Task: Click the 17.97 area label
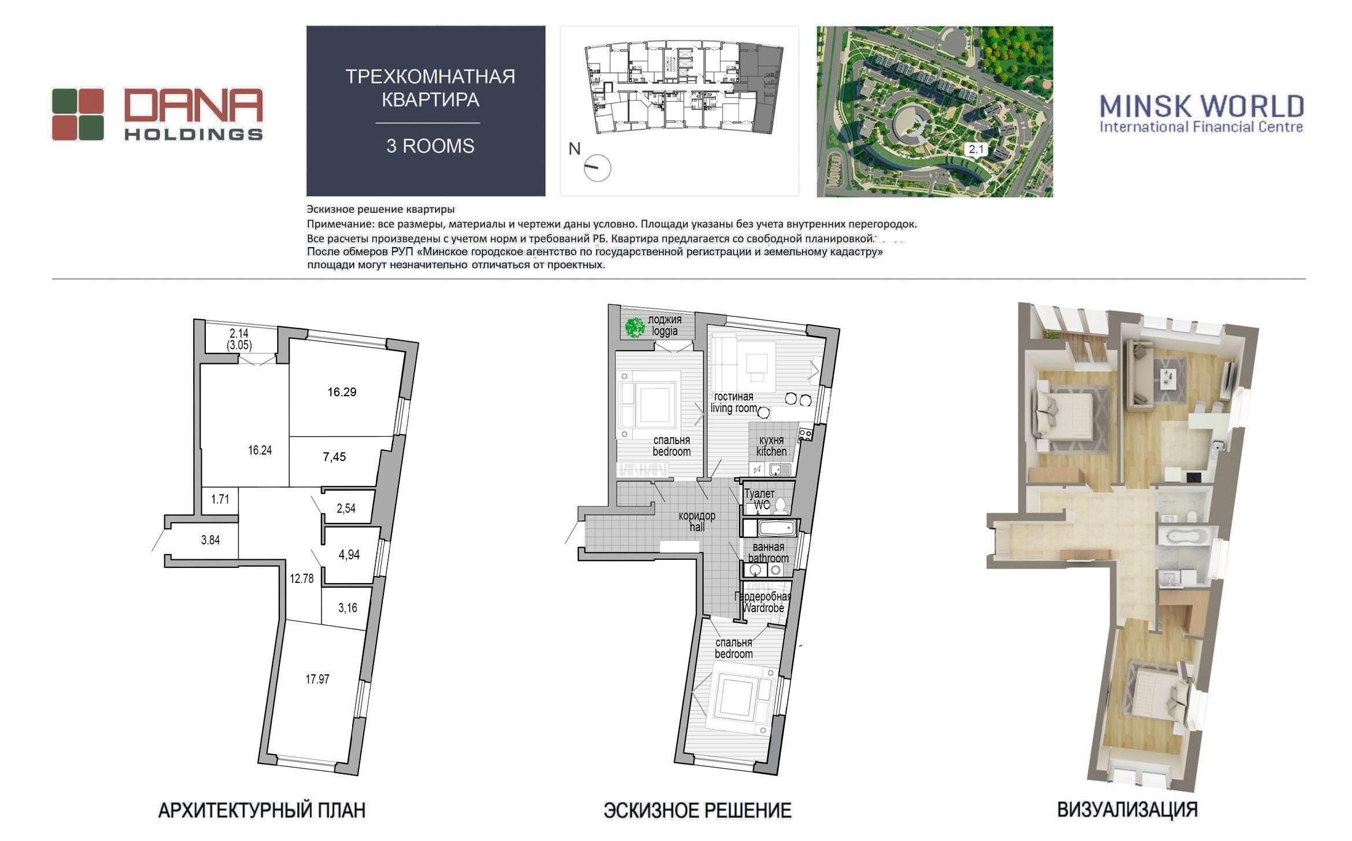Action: pos(317,679)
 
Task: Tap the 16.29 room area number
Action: pos(342,392)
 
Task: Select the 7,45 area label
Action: pos(334,457)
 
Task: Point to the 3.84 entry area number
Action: pos(210,540)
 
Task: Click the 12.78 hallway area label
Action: pos(302,578)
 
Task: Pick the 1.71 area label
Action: pos(220,499)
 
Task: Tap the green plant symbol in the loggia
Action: pos(634,327)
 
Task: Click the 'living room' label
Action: pos(734,408)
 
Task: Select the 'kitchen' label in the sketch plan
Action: pos(771,452)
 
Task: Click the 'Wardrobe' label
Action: pos(763,608)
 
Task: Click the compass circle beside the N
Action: pos(597,168)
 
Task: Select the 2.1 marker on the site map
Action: pos(976,149)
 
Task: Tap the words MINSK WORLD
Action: pos(1202,106)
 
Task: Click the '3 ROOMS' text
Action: pos(430,146)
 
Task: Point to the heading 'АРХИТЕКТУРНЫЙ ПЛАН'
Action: pos(262,810)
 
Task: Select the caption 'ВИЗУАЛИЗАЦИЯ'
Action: pos(1128,810)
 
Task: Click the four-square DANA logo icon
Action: pos(78,115)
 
